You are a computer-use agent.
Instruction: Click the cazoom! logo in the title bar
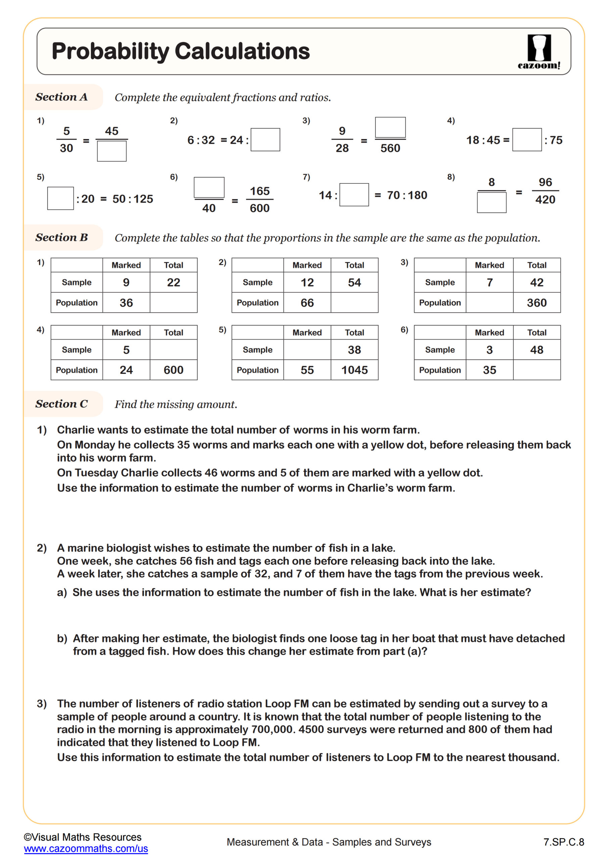click(x=539, y=52)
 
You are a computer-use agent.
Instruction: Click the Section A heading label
click(x=61, y=97)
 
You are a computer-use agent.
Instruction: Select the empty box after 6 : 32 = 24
click(x=265, y=140)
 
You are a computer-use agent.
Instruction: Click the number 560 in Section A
click(x=390, y=148)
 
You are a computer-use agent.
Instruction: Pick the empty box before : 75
click(x=526, y=140)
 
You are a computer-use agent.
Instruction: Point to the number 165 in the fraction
click(x=260, y=191)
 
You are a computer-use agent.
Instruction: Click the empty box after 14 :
click(x=354, y=195)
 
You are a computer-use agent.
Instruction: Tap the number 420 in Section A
click(x=545, y=200)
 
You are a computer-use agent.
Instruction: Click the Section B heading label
click(x=61, y=238)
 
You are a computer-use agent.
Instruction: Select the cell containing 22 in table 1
click(x=173, y=283)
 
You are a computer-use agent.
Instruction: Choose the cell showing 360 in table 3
click(x=536, y=303)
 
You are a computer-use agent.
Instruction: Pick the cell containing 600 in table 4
click(x=173, y=370)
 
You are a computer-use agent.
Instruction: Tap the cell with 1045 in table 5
click(x=354, y=370)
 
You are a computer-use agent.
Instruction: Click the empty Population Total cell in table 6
click(x=536, y=370)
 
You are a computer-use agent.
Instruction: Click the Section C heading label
click(x=61, y=404)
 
